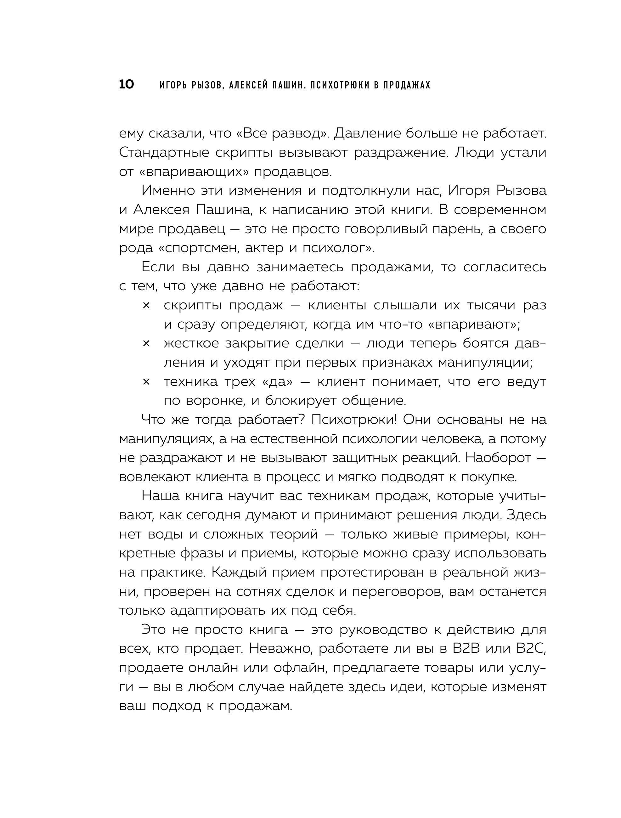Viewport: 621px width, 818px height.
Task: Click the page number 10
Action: (126, 85)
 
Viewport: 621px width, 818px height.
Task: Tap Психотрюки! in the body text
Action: (354, 420)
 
